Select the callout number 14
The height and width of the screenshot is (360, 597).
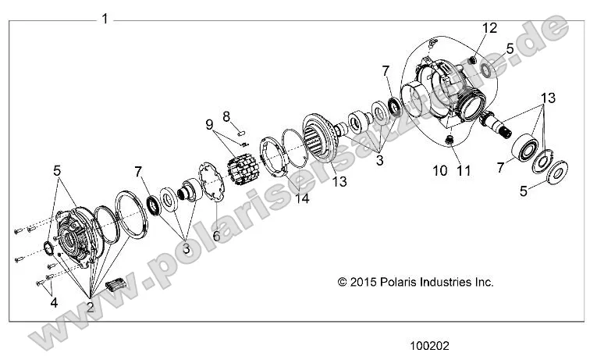click(301, 199)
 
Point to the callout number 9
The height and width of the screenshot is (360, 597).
click(209, 125)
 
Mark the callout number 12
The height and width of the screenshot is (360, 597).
click(489, 28)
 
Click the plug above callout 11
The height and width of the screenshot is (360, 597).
click(450, 140)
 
